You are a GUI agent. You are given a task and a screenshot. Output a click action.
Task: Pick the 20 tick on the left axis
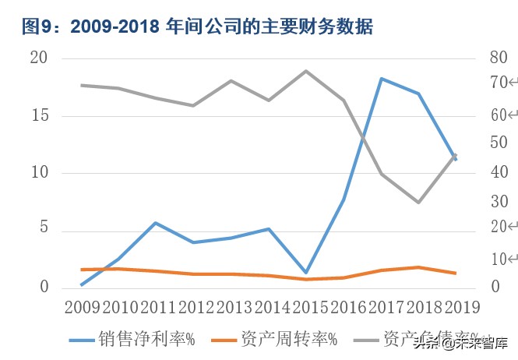[x=39, y=59]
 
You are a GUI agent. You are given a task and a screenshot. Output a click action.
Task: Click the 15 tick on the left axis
[x=39, y=116]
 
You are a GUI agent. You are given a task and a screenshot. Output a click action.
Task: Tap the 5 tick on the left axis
[x=44, y=230]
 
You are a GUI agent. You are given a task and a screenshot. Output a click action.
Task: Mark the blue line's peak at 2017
[x=382, y=79]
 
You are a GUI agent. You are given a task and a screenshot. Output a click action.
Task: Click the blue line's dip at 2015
[x=306, y=273]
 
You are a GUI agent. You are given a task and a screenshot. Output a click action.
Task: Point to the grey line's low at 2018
[x=418, y=202]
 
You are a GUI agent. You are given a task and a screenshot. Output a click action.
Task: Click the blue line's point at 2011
[x=157, y=223]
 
